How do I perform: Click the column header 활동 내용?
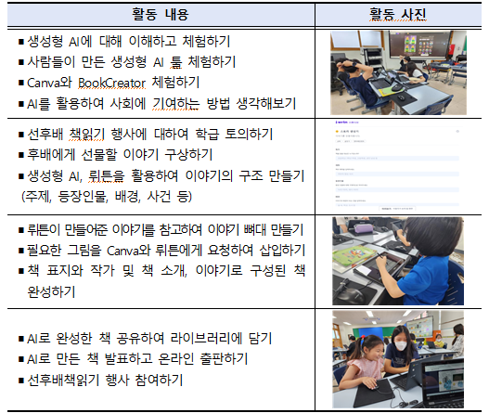(x=160, y=14)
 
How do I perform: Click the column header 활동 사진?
(x=398, y=14)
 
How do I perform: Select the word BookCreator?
(x=111, y=83)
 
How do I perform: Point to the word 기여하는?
(x=176, y=104)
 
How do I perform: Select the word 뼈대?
(x=254, y=230)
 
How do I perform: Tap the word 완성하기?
(x=51, y=291)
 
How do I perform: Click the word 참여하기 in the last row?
(x=159, y=380)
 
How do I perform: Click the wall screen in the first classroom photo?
(x=418, y=45)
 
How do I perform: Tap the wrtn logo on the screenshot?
(x=341, y=123)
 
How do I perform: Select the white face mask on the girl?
(x=402, y=345)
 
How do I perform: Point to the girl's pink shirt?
(x=365, y=369)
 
